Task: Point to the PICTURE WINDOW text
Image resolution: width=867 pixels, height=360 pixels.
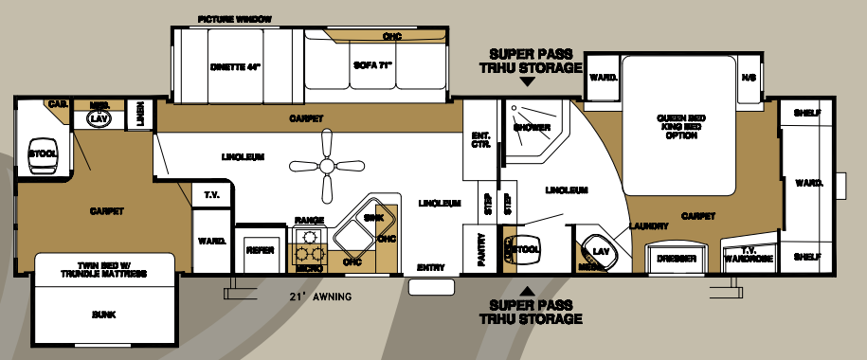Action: point(234,19)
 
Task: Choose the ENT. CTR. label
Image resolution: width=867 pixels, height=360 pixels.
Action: point(480,140)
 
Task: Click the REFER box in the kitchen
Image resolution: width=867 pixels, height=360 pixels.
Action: point(261,250)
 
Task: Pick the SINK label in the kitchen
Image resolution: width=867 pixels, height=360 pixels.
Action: point(374,217)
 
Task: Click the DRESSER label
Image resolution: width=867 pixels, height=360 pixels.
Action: point(677,258)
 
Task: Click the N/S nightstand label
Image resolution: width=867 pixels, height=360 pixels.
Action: point(749,77)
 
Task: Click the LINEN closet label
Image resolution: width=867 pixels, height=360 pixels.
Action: point(140,112)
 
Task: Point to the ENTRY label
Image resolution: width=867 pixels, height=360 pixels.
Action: point(430,268)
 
